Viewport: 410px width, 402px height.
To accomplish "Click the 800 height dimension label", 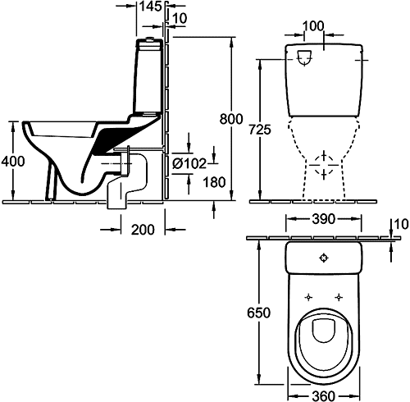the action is (x=231, y=119).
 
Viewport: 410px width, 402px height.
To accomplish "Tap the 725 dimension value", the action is (x=260, y=130).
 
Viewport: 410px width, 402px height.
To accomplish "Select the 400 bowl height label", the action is (x=13, y=161).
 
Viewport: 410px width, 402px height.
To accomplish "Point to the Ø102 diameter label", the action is (x=189, y=163).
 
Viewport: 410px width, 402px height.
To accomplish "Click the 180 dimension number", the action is (x=214, y=182).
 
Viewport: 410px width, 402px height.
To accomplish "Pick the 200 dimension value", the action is (x=143, y=230).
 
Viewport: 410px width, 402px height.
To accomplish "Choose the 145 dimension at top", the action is (x=151, y=7).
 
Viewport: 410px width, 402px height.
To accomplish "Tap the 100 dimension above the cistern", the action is (x=313, y=26).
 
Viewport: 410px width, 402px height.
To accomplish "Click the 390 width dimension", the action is (x=324, y=219).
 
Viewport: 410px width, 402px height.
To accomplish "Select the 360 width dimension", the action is (x=323, y=395).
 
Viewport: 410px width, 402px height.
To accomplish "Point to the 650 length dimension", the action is (x=258, y=313).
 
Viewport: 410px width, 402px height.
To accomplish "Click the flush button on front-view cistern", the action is (x=304, y=58).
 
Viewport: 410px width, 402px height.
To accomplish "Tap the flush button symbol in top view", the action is (x=324, y=258).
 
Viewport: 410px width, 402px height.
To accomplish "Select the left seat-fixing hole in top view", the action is (x=308, y=297).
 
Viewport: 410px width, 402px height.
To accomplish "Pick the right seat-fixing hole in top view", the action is (x=339, y=297).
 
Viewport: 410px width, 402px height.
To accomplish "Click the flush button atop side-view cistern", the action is (x=149, y=39).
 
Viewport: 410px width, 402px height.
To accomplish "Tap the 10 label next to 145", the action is (x=180, y=18).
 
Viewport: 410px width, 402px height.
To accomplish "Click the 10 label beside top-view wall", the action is (x=401, y=224).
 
